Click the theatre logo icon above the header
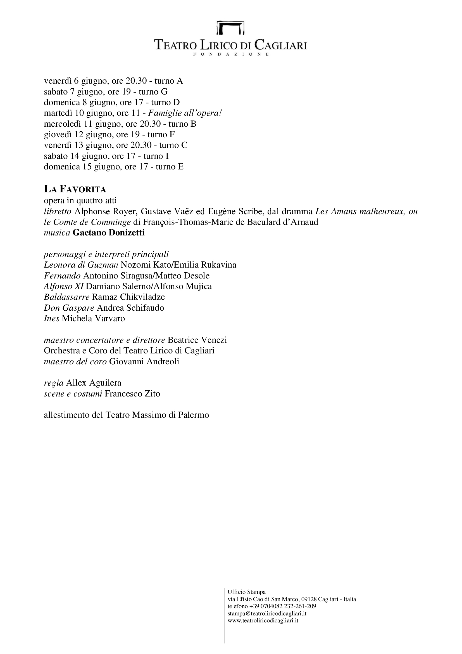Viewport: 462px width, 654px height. (230, 28)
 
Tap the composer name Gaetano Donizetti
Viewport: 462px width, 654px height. (109, 233)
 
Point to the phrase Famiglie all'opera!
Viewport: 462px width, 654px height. (185, 113)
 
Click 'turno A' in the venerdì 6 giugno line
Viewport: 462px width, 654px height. (169, 81)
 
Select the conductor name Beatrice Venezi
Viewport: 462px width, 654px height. (197, 340)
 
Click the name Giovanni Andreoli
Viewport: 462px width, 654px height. (144, 362)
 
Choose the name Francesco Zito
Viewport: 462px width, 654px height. (132, 394)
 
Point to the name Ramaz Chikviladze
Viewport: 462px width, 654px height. (128, 297)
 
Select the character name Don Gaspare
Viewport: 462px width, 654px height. (69, 308)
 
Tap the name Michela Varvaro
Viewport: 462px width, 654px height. (93, 318)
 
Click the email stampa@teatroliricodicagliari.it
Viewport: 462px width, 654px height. (267, 613)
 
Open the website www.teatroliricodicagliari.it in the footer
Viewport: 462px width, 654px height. (263, 620)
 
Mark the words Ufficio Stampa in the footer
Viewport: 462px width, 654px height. (246, 592)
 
